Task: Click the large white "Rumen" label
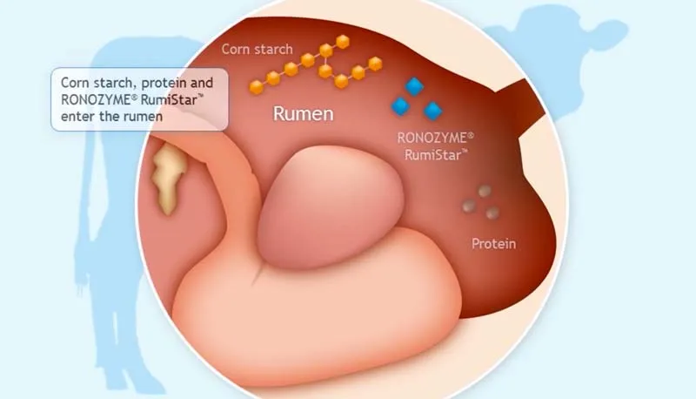[304, 113]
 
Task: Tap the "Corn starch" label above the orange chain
[257, 49]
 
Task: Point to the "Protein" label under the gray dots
[493, 244]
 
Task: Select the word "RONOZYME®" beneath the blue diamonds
[436, 138]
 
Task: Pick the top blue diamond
[414, 86]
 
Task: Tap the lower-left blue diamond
[400, 106]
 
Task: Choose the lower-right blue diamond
[432, 110]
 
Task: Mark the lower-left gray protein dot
[470, 206]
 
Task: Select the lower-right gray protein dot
[493, 213]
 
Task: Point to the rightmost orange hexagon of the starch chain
[376, 63]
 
